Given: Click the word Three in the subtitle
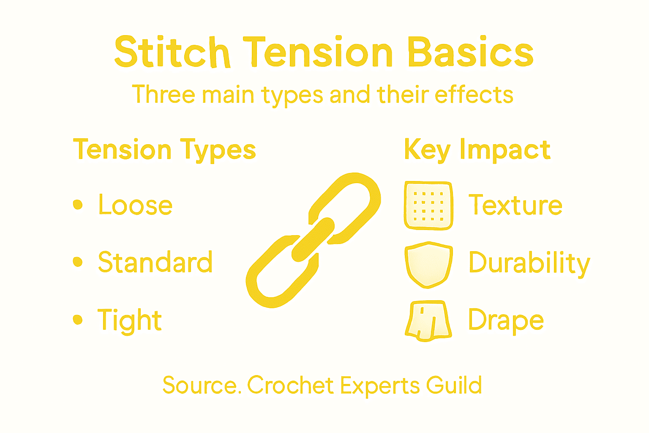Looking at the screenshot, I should point(164,94).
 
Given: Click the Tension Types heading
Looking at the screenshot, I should point(164,150).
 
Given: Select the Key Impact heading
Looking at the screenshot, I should point(477,150).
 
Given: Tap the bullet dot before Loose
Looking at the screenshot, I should point(78,205).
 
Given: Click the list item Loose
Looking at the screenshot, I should point(135,205).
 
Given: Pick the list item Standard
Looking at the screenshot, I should point(155,262).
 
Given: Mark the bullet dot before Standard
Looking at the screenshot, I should point(78,262).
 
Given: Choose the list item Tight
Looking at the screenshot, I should point(129,320).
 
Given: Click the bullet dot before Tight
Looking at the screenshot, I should point(78,320).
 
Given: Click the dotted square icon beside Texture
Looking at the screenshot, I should point(428,206).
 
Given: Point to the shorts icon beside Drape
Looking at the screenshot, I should point(428,321).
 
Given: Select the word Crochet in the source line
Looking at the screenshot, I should point(291,385).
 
